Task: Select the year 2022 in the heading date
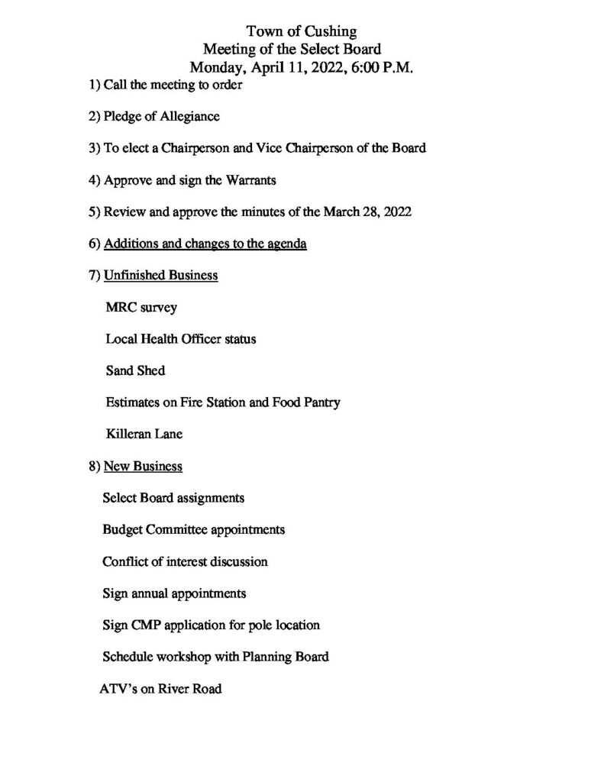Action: (x=329, y=68)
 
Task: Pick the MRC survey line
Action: (x=141, y=308)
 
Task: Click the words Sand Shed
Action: (x=135, y=370)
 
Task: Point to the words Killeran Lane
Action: (x=144, y=434)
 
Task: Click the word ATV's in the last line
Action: (x=118, y=689)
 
